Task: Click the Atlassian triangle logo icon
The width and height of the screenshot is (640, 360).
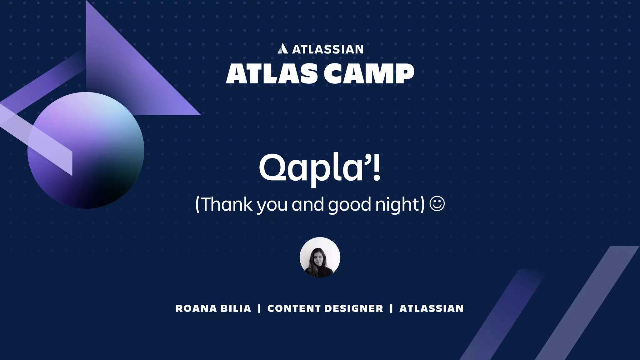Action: pos(282,49)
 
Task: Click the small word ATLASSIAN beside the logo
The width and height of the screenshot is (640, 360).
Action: pos(328,49)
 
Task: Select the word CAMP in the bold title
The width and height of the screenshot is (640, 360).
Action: pos(369,74)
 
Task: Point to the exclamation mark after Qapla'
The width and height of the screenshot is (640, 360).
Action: pos(377,168)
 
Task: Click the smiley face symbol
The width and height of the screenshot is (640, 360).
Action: pos(437,204)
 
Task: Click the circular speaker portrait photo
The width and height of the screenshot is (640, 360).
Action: pos(320,257)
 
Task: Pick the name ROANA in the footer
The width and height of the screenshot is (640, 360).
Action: pos(196,308)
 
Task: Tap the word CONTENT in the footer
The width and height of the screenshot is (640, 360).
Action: pos(294,308)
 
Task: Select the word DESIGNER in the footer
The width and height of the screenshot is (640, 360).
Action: pos(354,308)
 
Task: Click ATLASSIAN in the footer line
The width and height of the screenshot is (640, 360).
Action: pos(431,308)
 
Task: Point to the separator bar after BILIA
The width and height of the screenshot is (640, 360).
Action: pos(259,308)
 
